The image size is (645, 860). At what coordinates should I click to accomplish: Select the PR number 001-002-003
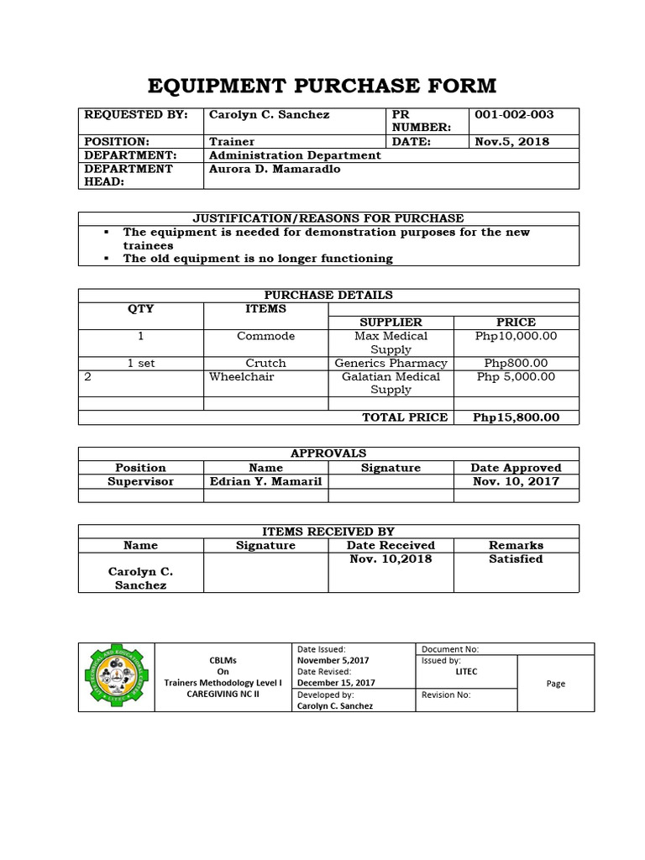[514, 114]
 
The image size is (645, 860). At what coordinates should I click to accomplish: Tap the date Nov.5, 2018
[512, 141]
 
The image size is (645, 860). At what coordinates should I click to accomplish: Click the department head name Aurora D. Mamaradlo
[275, 169]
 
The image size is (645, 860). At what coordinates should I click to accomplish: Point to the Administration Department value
[294, 155]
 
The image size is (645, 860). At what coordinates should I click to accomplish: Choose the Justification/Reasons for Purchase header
[328, 218]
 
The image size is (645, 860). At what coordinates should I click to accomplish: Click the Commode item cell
[265, 336]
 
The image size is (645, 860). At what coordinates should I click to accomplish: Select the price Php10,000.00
[516, 336]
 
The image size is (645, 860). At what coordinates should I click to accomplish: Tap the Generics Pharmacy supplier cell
[391, 363]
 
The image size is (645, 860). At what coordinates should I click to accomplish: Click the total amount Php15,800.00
[516, 417]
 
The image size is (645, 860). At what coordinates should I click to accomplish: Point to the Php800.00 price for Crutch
[516, 363]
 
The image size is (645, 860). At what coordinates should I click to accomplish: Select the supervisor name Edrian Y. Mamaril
[265, 481]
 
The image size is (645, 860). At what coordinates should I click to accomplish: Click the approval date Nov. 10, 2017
[516, 481]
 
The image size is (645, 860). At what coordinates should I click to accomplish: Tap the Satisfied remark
[516, 558]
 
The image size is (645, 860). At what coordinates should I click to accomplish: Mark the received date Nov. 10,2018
[391, 558]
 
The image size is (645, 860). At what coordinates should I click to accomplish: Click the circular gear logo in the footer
[118, 677]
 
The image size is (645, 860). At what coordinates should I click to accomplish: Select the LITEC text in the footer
[465, 672]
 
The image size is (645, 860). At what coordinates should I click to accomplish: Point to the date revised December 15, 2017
[336, 684]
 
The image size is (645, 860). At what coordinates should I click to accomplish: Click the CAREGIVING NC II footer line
[223, 695]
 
